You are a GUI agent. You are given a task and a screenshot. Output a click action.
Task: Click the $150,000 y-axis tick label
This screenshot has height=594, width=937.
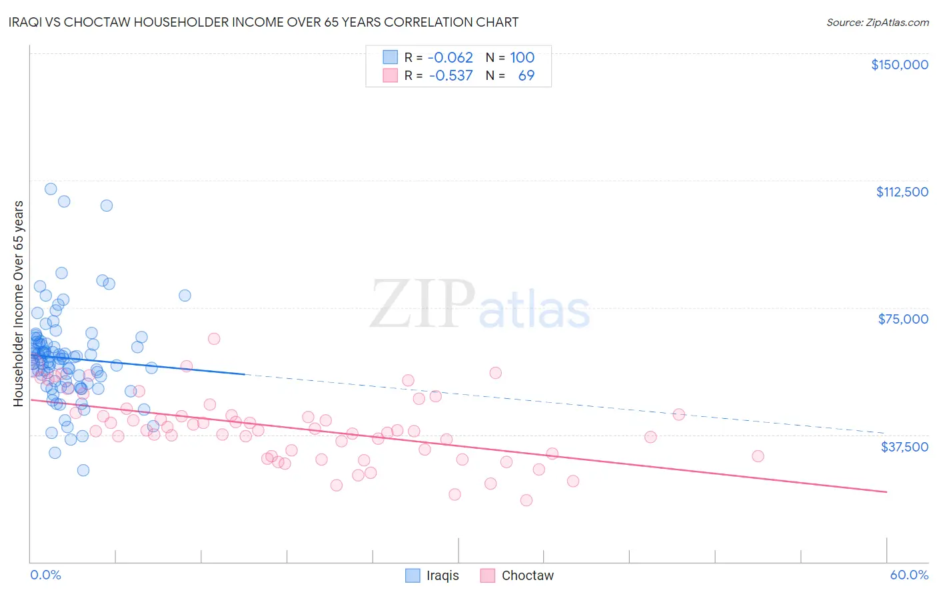899,65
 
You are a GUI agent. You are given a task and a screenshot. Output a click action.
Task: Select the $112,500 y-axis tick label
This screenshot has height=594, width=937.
902,192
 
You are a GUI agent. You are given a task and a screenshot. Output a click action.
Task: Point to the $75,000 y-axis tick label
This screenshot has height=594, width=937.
903,319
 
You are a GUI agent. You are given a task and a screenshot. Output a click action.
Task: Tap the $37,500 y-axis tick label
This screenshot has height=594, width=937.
904,447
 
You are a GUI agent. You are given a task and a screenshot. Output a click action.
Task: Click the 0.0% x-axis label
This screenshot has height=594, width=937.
45,575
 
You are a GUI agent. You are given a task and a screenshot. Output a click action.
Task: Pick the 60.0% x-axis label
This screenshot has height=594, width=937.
909,575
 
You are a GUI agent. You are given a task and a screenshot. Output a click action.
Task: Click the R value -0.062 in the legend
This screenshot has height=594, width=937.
451,57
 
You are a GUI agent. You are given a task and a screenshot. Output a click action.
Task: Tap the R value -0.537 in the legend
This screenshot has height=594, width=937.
451,75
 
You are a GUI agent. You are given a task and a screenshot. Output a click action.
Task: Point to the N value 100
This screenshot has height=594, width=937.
522,57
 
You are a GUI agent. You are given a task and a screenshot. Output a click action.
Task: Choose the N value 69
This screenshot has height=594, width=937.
526,75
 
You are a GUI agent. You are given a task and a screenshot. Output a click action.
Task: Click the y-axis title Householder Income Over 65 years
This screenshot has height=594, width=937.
18,304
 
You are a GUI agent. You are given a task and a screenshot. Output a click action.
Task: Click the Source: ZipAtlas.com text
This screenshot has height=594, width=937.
877,23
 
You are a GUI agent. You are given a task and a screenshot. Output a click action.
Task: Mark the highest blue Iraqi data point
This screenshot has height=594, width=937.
51,189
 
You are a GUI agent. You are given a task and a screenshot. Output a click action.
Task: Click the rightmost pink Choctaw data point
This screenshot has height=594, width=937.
758,456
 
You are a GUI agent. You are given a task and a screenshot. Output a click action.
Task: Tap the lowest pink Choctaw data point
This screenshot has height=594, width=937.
526,500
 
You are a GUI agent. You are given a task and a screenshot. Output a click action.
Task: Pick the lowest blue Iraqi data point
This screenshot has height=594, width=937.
83,470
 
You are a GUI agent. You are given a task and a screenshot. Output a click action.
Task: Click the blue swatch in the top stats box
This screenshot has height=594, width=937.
390,57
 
